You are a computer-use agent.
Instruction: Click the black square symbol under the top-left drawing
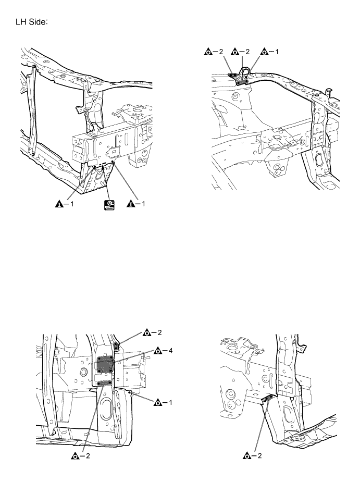[109, 204]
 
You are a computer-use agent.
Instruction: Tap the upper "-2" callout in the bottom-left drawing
[153, 331]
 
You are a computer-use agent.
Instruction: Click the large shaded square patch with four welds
[106, 365]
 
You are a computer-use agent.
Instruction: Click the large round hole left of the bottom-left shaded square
[82, 372]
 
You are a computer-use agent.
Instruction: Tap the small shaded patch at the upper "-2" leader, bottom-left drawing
[117, 344]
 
